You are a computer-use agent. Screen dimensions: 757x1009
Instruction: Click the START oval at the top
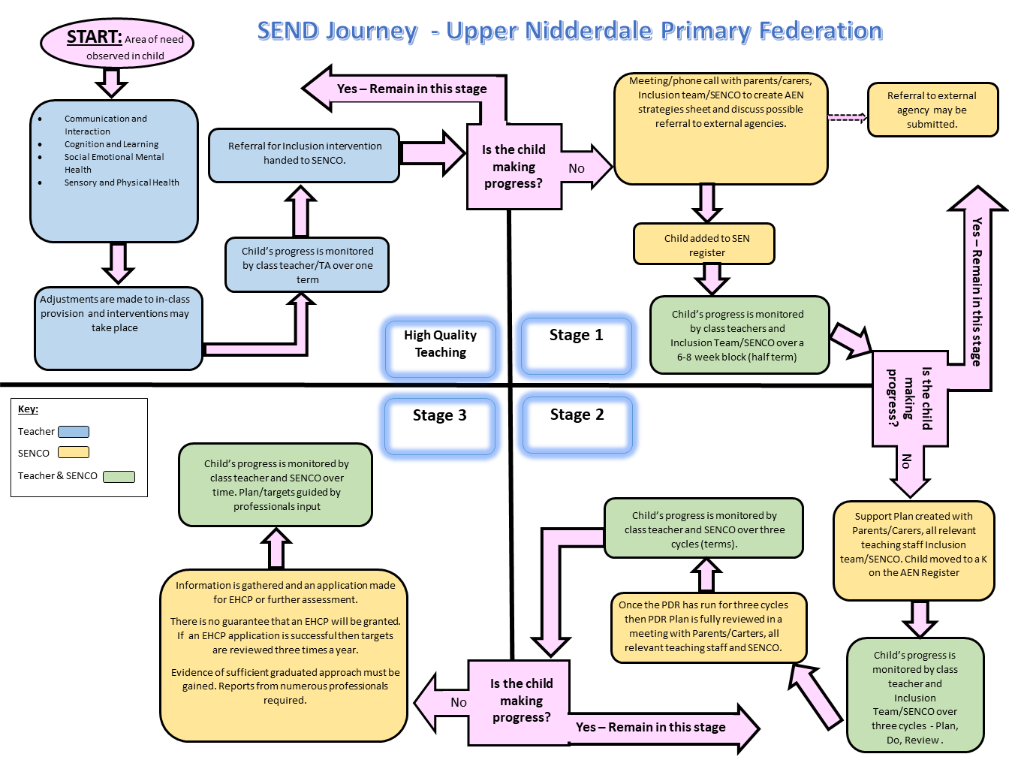click(117, 44)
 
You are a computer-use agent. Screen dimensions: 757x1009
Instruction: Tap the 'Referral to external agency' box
click(932, 110)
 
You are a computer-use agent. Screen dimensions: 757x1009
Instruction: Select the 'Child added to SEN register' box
click(704, 244)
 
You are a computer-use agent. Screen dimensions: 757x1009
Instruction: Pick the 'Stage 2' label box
click(577, 425)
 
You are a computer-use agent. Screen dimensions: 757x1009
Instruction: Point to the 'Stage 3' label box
click(440, 426)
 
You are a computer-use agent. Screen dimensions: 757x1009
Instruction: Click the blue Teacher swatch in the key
click(74, 432)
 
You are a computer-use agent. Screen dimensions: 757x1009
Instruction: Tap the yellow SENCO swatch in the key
click(74, 452)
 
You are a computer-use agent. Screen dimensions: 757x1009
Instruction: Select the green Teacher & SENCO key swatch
click(119, 476)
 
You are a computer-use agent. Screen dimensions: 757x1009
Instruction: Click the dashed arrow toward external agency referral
click(847, 117)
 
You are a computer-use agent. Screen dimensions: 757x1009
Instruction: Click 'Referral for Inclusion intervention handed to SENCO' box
click(304, 155)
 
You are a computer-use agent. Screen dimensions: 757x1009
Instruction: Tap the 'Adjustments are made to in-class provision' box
click(118, 328)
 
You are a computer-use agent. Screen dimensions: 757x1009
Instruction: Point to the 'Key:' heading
click(28, 409)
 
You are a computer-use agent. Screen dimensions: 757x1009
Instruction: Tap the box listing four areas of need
click(114, 171)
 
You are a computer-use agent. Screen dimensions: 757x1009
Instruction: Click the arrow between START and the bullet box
click(111, 82)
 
